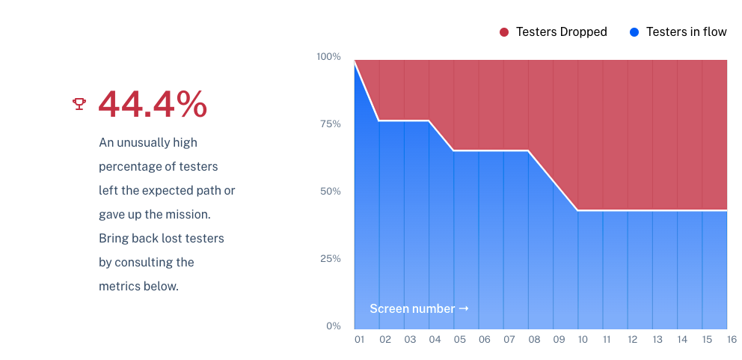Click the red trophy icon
[x=79, y=104]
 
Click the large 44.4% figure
[x=153, y=104]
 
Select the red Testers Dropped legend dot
[x=504, y=32]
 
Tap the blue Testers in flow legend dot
[x=634, y=32]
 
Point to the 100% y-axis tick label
[x=328, y=57]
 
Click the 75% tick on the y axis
[x=331, y=124]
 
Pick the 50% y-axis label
[x=330, y=192]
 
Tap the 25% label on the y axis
[x=330, y=259]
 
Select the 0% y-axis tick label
[x=333, y=326]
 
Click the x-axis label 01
[x=360, y=340]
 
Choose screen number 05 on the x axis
[x=459, y=340]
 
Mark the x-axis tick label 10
[x=583, y=340]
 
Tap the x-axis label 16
[x=732, y=340]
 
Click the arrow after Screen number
[x=464, y=308]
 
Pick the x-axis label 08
[x=534, y=340]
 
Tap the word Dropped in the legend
[x=583, y=32]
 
